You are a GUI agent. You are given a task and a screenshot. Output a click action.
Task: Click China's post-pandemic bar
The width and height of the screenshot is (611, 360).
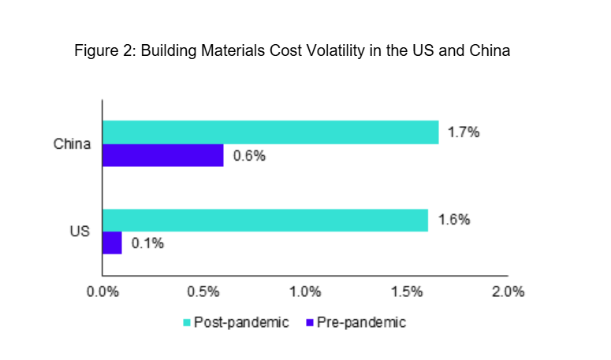(270, 132)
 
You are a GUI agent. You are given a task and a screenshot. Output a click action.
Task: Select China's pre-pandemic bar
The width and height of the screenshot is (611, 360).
(163, 155)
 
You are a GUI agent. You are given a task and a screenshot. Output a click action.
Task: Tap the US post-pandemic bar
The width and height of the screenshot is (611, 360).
(265, 220)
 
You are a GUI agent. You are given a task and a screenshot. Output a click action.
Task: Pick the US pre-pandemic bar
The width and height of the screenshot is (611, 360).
(112, 243)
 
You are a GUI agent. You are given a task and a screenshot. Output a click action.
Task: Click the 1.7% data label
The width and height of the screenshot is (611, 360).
(464, 132)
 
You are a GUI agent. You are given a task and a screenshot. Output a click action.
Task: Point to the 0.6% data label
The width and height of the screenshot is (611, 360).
(249, 156)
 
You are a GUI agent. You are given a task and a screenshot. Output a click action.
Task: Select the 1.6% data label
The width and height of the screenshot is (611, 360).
(454, 220)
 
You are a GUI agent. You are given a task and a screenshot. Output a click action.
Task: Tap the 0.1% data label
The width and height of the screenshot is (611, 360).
(147, 243)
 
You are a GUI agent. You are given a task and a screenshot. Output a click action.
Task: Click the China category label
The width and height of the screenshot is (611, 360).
(73, 144)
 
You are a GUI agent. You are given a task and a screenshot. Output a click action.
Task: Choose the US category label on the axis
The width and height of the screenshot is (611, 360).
(80, 232)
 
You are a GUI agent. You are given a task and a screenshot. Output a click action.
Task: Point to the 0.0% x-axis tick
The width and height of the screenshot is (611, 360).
(102, 291)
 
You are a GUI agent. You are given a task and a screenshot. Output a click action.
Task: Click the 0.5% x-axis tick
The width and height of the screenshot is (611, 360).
(203, 291)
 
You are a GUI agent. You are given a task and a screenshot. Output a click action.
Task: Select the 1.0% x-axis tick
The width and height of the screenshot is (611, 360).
(305, 291)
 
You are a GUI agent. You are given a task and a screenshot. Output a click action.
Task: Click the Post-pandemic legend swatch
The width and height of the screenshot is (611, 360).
(187, 323)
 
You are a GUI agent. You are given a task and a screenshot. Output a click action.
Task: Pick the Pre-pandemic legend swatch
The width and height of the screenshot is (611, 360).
(310, 323)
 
